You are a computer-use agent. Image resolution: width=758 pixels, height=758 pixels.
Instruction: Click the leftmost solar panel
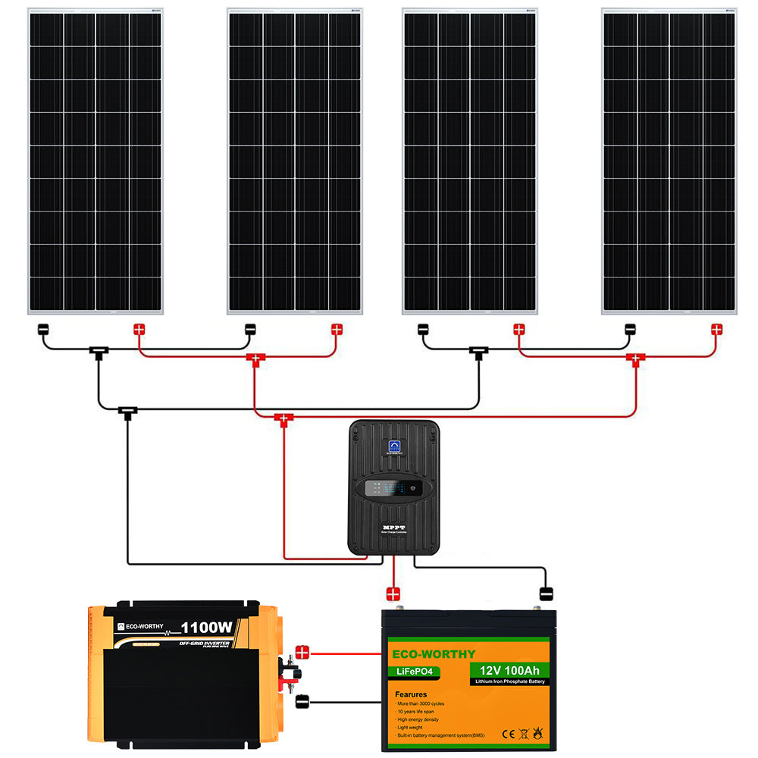[x=96, y=161]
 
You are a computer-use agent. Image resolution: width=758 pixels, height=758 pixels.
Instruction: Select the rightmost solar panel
[x=669, y=161]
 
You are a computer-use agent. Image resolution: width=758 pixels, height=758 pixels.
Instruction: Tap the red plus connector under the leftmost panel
[x=139, y=330]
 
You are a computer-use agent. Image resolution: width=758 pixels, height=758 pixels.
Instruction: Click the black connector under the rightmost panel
[x=629, y=330]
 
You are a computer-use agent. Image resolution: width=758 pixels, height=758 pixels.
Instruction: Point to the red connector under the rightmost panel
[x=716, y=330]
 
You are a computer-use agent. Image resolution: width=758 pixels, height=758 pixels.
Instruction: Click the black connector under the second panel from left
[x=250, y=330]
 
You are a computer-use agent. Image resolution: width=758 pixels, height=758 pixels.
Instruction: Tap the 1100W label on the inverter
[x=206, y=628]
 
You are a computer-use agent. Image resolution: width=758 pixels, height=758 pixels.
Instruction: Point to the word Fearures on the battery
[x=410, y=694]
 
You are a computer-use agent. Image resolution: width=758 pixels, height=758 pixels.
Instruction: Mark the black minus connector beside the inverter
[x=302, y=701]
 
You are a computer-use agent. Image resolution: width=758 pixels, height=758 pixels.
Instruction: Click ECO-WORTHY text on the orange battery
[x=434, y=654]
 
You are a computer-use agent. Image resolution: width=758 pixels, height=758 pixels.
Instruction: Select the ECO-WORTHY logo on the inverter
[x=144, y=626]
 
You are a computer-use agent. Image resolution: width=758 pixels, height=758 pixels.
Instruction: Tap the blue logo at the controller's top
[x=394, y=446]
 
